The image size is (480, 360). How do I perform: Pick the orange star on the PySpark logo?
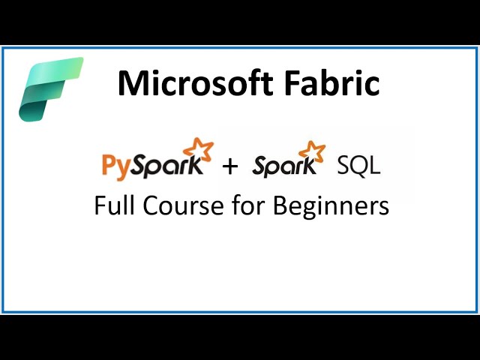point(199,148)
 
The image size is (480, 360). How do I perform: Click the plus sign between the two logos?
point(230,166)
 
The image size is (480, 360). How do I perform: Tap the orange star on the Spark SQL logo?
point(316,149)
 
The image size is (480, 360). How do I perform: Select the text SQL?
point(358,166)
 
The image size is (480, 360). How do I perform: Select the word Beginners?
point(331,205)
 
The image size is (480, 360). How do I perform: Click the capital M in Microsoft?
point(131,83)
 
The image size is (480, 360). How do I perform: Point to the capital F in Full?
point(100,205)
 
